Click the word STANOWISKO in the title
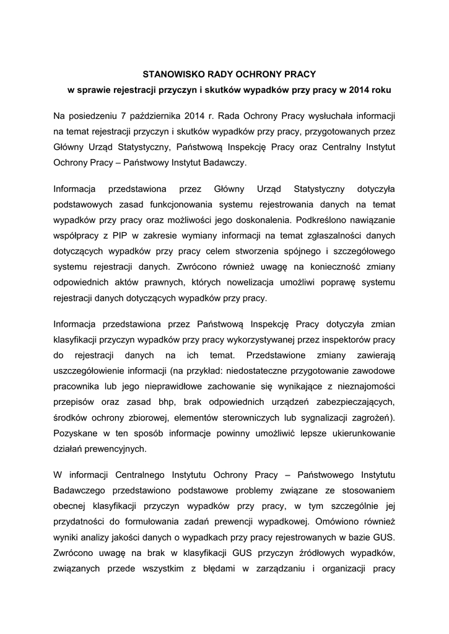[x=165, y=74]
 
